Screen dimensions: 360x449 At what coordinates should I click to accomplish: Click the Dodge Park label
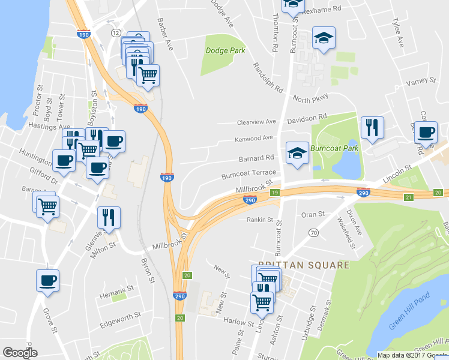(225, 50)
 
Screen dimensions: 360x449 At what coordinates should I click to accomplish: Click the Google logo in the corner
(20, 353)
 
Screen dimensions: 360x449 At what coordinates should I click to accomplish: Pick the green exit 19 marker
(274, 193)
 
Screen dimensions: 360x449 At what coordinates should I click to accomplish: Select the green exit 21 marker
(409, 197)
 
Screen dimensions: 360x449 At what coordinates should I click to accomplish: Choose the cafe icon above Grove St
(47, 280)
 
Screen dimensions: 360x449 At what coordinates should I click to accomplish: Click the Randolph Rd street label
(267, 77)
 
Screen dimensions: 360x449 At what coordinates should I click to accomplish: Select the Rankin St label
(260, 220)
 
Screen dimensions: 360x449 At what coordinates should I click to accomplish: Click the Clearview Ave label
(256, 121)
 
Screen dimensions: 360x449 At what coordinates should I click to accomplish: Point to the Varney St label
(421, 81)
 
